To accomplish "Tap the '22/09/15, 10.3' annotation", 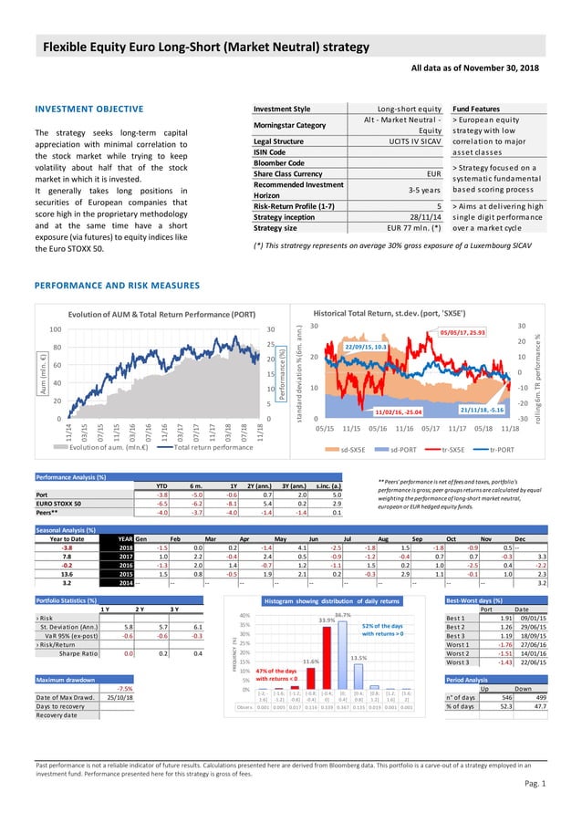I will click(368, 347).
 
